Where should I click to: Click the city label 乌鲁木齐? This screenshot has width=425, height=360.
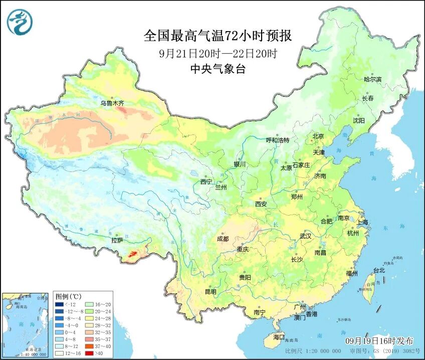111,103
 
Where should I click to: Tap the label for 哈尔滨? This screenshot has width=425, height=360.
372,79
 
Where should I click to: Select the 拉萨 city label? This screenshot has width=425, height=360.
117,241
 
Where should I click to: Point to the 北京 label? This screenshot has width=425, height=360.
318,136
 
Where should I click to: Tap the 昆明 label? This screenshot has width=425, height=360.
210,292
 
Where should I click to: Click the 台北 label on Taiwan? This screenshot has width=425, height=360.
379,270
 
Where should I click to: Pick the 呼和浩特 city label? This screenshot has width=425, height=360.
277,140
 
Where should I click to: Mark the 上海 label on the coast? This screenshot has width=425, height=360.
362,222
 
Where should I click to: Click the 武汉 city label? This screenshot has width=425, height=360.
305,236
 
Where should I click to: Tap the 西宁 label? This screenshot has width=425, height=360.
206,182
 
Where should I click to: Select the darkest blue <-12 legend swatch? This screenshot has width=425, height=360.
60,304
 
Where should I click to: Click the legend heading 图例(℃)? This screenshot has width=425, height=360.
68,296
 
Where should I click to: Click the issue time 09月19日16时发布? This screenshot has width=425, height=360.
381,340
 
